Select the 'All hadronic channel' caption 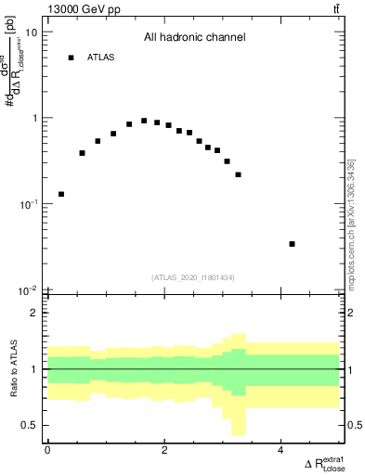(x=194, y=38)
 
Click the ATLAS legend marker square (x=71, y=58)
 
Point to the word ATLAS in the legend (x=101, y=58)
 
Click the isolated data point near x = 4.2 (x=292, y=244)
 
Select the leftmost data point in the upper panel (x=61, y=194)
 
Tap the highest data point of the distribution (x=144, y=121)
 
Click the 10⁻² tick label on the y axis (x=28, y=291)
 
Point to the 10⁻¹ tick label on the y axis (x=28, y=205)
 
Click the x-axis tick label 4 (x=280, y=451)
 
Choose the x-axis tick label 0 (x=47, y=451)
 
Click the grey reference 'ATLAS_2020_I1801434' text (x=194, y=277)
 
